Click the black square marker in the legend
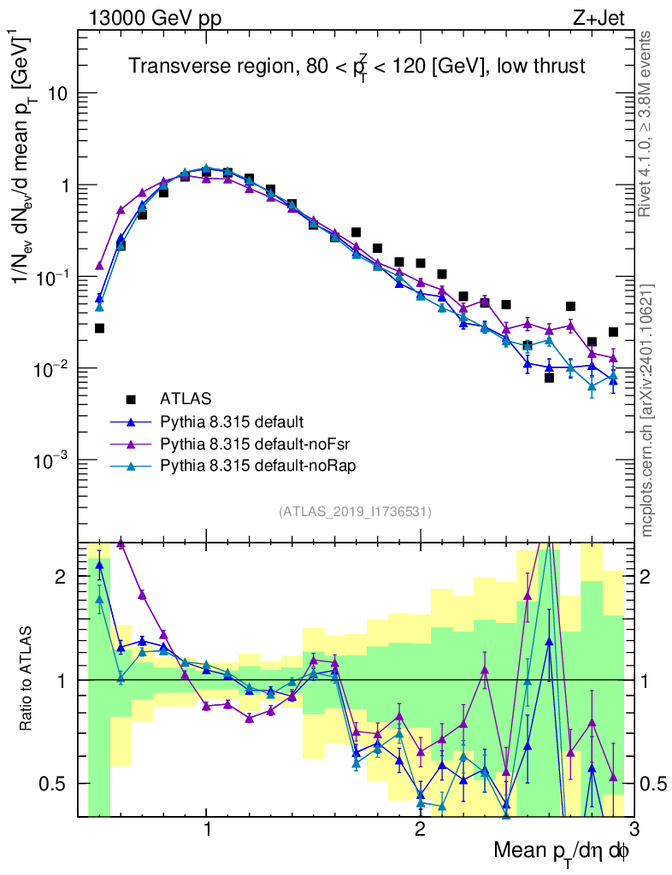[x=131, y=398]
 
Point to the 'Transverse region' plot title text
[x=357, y=67]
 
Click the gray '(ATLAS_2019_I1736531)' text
[x=355, y=512]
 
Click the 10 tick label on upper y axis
[x=56, y=93]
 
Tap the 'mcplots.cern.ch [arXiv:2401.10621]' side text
[x=648, y=411]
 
